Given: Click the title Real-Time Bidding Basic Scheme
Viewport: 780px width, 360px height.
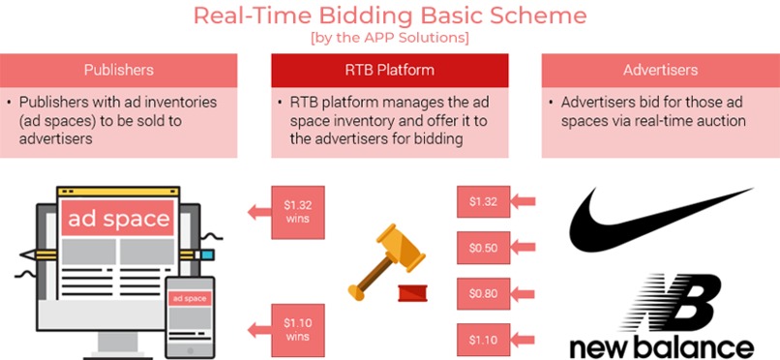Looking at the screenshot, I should pyautogui.click(x=390, y=16).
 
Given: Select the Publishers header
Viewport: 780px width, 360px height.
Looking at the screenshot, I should pyautogui.click(x=119, y=70).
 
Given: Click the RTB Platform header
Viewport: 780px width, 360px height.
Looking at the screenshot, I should pyautogui.click(x=390, y=70).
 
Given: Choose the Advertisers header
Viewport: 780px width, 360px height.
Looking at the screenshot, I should pyautogui.click(x=660, y=70).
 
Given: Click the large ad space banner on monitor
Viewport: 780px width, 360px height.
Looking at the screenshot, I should pyautogui.click(x=118, y=218).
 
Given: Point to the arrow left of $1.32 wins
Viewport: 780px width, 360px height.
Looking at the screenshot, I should pyautogui.click(x=258, y=211).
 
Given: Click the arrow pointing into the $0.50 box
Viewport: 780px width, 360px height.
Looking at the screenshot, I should pyautogui.click(x=523, y=248).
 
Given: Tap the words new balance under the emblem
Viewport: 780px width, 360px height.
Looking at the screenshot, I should pyautogui.click(x=660, y=345).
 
